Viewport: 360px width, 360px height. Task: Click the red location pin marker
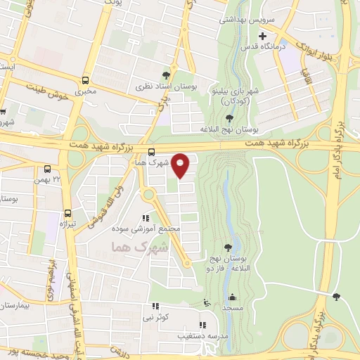click(x=181, y=165)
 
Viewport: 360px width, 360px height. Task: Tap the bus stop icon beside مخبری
click(x=85, y=80)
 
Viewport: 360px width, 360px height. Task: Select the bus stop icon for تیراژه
click(x=68, y=212)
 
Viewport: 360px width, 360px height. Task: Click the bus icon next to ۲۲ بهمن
click(x=47, y=169)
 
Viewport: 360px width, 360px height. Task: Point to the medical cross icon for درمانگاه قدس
click(x=263, y=36)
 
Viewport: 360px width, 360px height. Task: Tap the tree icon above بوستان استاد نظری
click(x=166, y=74)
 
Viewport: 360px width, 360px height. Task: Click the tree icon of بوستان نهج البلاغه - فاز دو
click(x=228, y=247)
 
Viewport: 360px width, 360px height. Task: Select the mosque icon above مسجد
click(x=205, y=302)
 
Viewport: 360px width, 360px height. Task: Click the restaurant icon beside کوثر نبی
click(x=155, y=307)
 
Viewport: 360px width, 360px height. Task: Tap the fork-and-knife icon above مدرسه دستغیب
click(x=202, y=325)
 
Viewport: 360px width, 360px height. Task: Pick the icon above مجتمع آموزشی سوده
click(x=146, y=219)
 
